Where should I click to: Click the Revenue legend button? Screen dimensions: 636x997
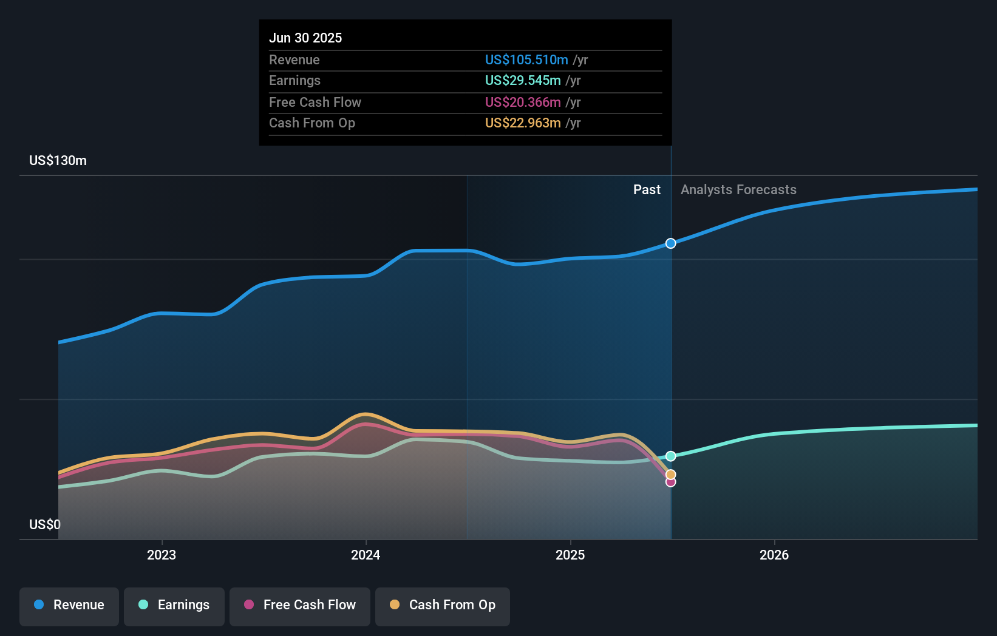(x=69, y=605)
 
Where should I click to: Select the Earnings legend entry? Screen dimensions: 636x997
(x=174, y=605)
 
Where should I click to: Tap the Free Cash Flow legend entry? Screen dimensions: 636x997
(x=300, y=605)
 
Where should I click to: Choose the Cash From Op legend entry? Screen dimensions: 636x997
(x=443, y=605)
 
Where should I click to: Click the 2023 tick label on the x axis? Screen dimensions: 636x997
(x=162, y=555)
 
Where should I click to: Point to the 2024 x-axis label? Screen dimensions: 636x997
(x=366, y=555)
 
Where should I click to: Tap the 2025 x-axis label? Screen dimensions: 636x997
(x=570, y=555)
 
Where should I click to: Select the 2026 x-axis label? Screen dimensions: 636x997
(x=774, y=555)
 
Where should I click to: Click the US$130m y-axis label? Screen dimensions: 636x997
(x=58, y=161)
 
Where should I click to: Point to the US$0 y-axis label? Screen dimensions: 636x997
(x=45, y=524)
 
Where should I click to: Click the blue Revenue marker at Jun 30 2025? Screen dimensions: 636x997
(x=670, y=243)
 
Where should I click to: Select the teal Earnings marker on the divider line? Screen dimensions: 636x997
(x=670, y=456)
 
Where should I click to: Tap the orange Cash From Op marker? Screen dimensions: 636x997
(x=670, y=475)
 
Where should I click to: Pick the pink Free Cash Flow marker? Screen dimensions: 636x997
(x=670, y=482)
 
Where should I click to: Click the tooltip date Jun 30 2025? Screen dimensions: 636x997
(x=305, y=38)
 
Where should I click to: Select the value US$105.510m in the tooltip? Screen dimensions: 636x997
(x=526, y=60)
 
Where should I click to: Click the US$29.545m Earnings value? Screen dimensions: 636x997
(x=523, y=81)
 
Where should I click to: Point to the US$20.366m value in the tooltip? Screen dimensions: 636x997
(x=523, y=103)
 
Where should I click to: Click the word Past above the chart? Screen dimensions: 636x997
(x=647, y=190)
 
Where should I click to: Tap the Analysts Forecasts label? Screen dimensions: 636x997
(x=738, y=190)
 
